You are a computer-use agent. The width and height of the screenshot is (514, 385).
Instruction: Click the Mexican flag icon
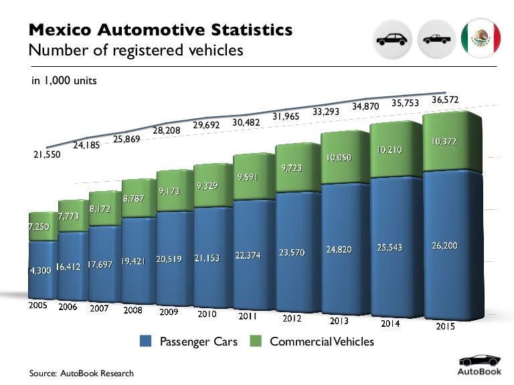click(x=481, y=39)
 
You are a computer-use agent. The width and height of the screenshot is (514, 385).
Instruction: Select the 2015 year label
click(x=446, y=327)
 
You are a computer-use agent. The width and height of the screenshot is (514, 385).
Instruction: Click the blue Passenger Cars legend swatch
click(x=147, y=342)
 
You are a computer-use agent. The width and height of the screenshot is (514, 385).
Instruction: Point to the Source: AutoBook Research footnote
click(x=81, y=373)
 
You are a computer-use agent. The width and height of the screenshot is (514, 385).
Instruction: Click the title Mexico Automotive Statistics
click(x=161, y=30)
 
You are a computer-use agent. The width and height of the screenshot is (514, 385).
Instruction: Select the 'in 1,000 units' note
click(x=64, y=81)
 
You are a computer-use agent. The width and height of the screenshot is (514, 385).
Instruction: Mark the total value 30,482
click(x=247, y=122)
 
